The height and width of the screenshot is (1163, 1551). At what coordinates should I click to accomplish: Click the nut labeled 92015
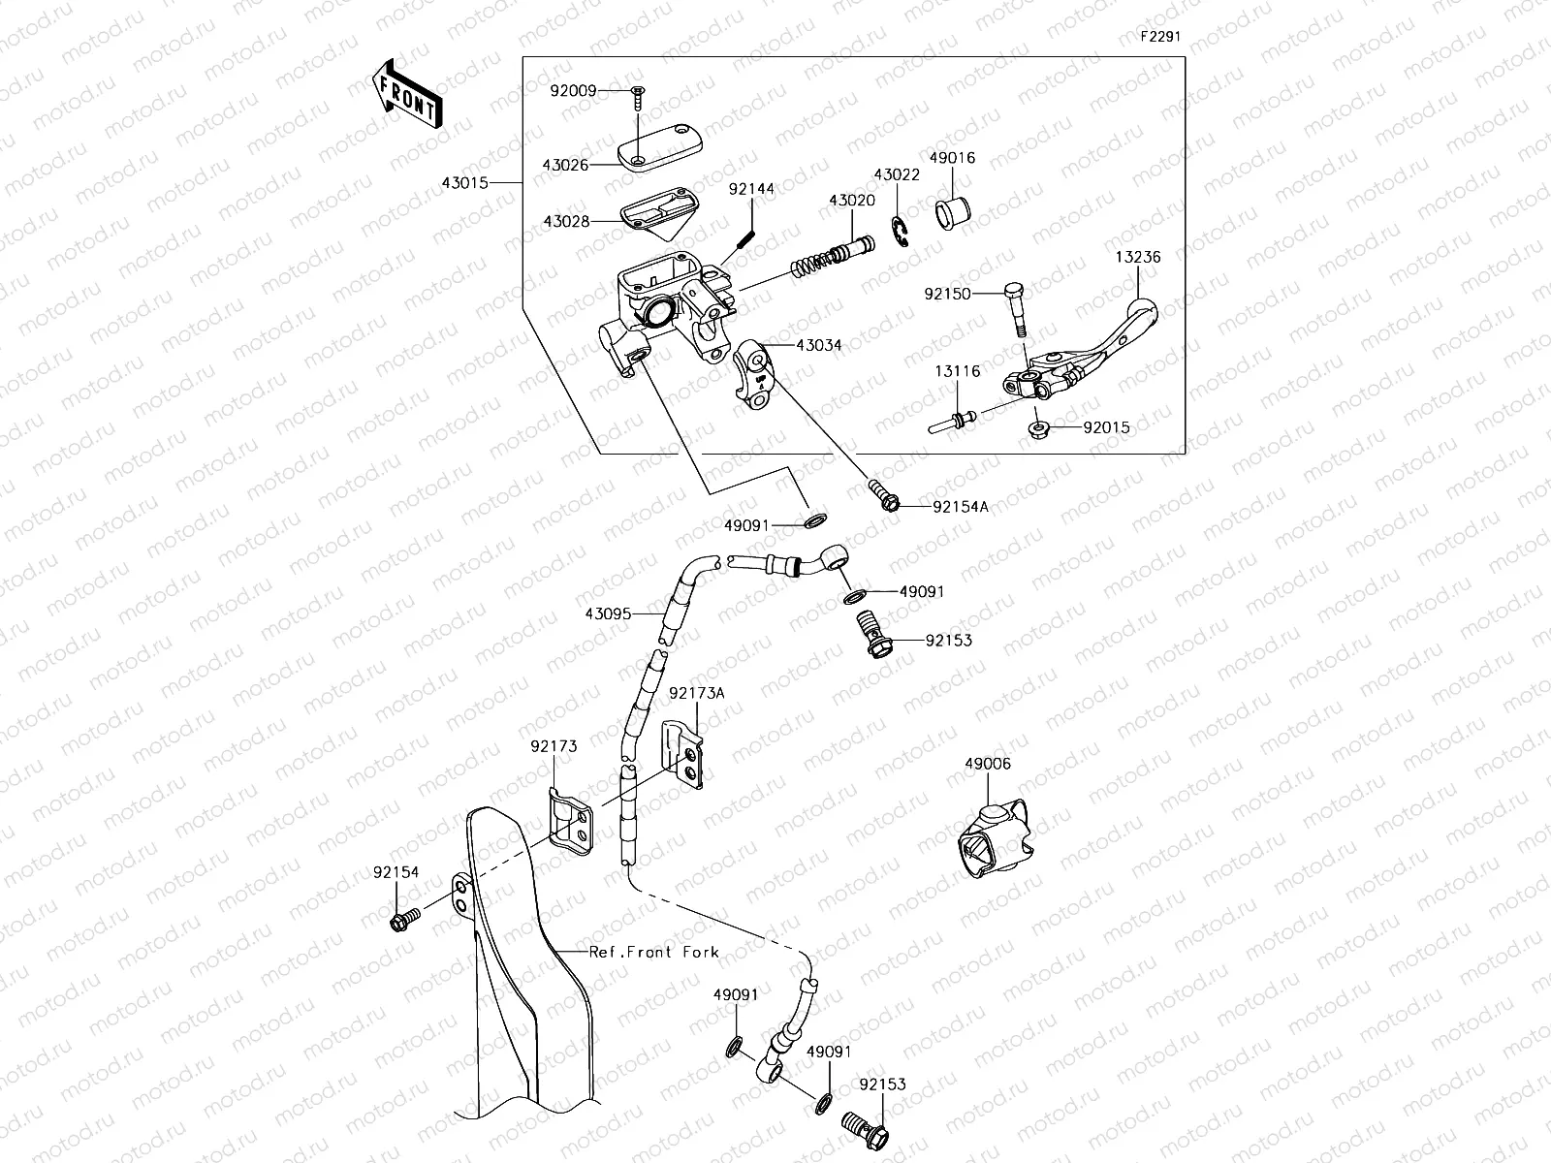(1038, 426)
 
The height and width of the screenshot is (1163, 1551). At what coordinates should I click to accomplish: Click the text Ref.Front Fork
(654, 952)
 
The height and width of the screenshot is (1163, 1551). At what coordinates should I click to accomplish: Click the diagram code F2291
(1161, 36)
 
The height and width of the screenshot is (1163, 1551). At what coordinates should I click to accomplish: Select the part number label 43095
(608, 613)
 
